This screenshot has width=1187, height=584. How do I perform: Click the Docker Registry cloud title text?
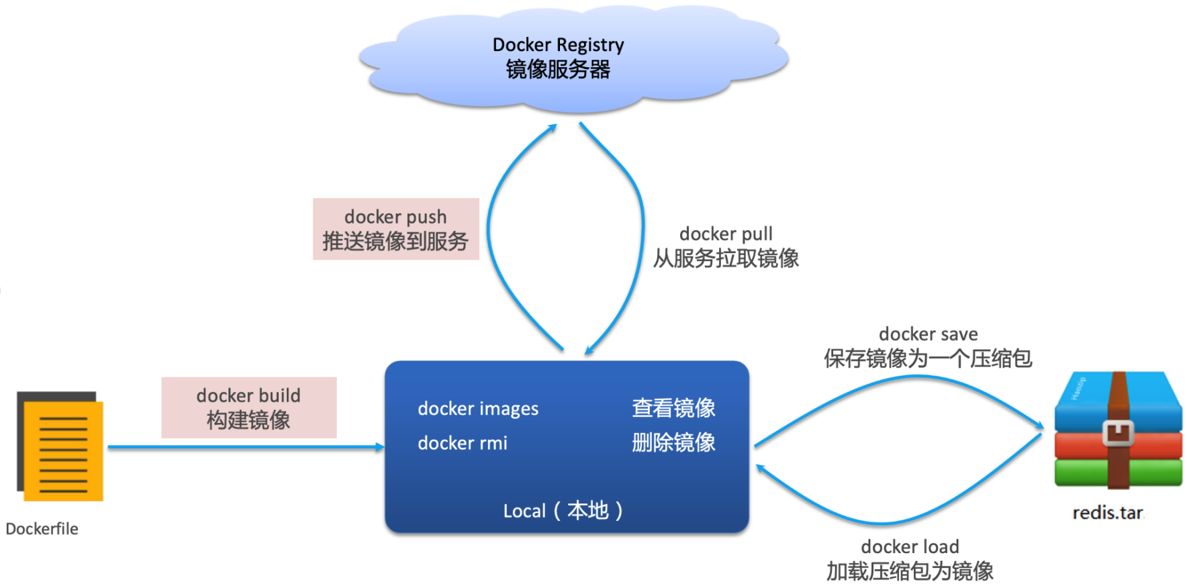point(558,45)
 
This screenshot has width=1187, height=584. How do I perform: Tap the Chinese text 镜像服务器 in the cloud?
point(558,70)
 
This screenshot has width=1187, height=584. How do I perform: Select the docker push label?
point(395,217)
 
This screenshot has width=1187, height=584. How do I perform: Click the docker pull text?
point(726,234)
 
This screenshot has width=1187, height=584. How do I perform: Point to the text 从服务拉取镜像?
point(726,258)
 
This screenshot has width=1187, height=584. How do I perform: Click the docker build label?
point(248,395)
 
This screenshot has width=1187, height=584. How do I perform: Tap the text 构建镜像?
point(248,420)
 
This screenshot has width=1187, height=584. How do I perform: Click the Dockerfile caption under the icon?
point(42,529)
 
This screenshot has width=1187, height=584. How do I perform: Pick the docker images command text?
point(478,409)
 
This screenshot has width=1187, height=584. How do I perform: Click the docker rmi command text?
point(463,443)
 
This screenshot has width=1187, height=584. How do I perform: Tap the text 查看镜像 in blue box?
point(673,408)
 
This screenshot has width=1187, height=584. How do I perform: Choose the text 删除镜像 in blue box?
point(673,443)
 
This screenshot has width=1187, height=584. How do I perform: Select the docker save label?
point(928,334)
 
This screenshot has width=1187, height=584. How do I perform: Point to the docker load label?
point(910,546)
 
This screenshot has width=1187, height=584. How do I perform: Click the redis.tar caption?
point(1107,514)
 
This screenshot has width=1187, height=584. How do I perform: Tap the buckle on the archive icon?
point(1118,433)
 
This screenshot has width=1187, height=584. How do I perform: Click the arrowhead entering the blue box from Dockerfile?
point(380,447)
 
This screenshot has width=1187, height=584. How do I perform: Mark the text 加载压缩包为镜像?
point(910,571)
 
